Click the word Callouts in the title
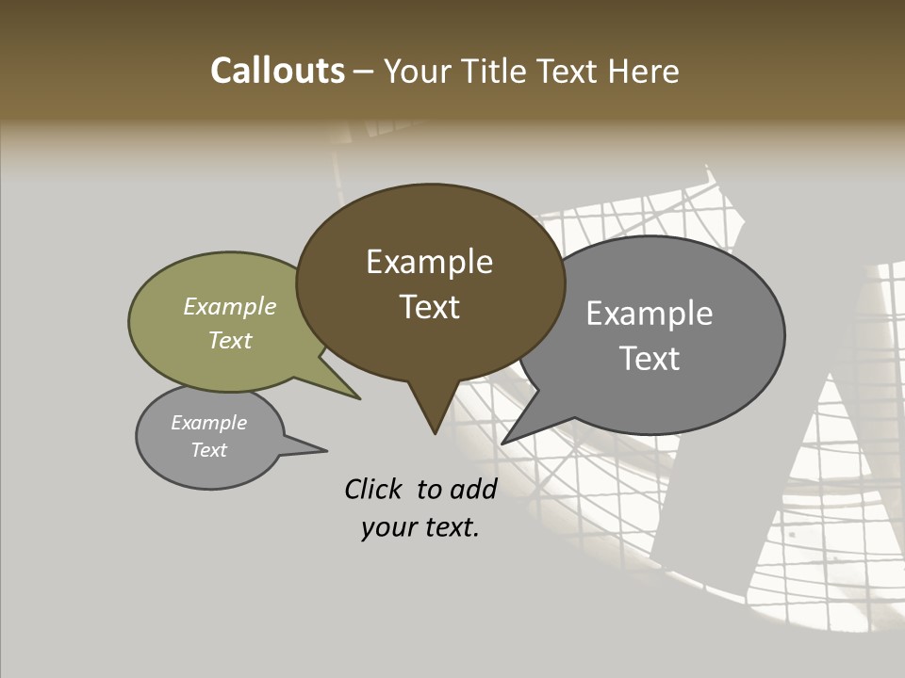(277, 71)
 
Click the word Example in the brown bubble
(430, 262)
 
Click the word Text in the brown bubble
(430, 307)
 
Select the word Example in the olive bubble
(230, 306)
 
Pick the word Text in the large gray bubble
(650, 359)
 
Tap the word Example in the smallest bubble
(209, 423)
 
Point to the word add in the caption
(473, 489)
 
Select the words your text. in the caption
(420, 527)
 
